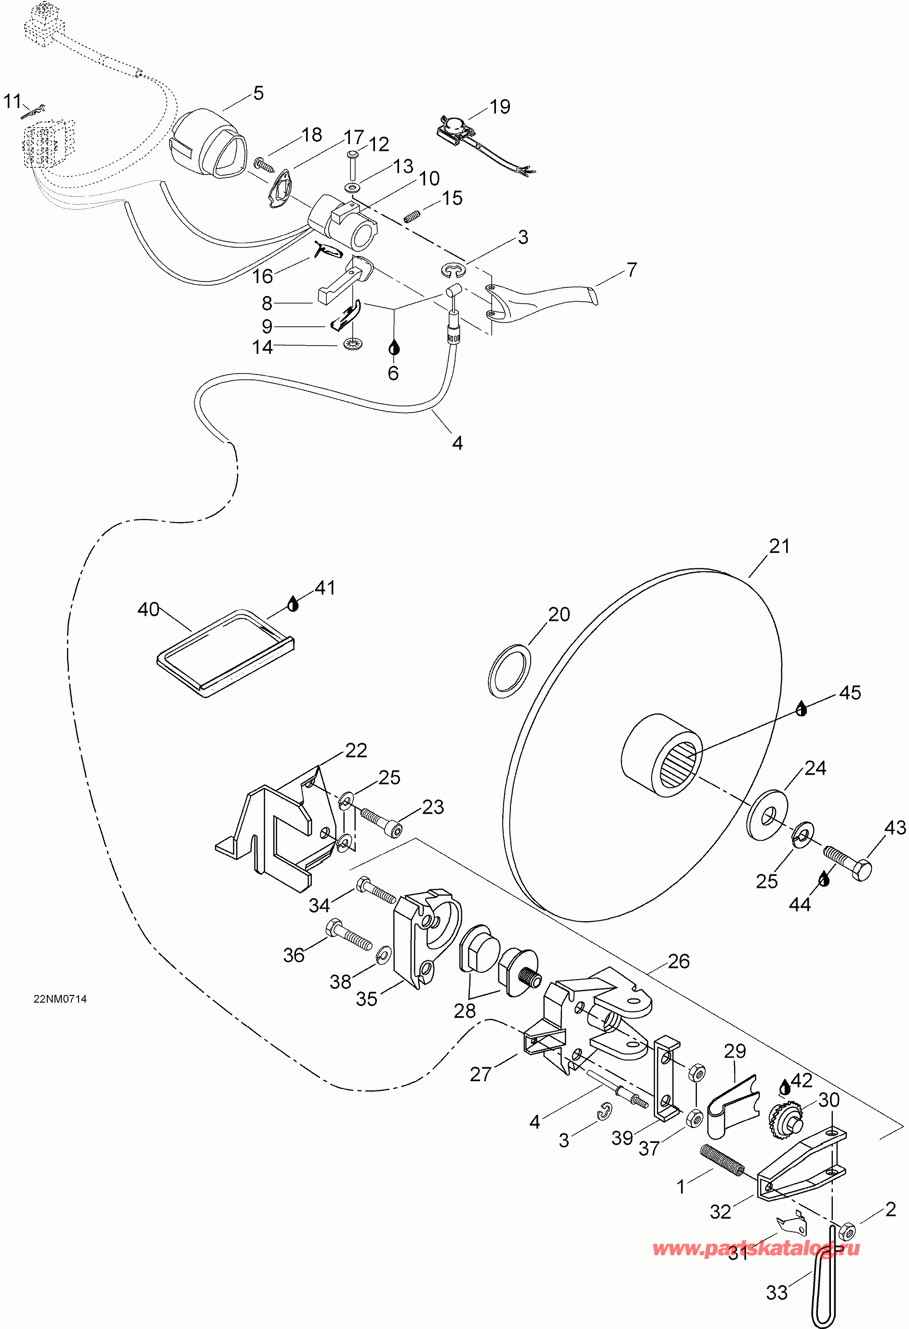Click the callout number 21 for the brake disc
779,547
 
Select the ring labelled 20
509,671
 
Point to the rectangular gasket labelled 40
225,653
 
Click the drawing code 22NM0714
60,999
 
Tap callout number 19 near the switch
500,107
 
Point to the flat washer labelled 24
767,815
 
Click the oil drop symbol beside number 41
293,604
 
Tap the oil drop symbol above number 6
394,347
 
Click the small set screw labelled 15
412,216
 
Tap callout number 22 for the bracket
356,751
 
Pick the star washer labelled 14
353,345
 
